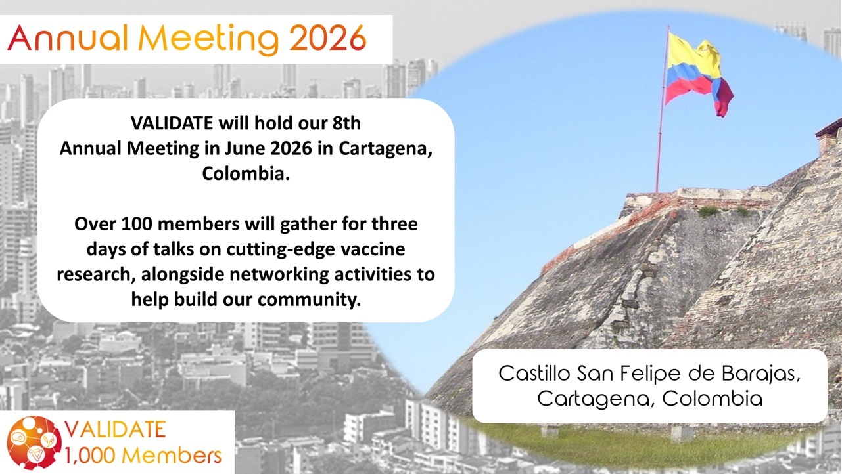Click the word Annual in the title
pyautogui.click(x=68, y=38)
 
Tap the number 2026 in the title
pyautogui.click(x=328, y=38)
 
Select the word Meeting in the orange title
pyautogui.click(x=208, y=40)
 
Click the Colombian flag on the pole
pyautogui.click(x=699, y=74)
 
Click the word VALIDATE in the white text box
pyautogui.click(x=172, y=123)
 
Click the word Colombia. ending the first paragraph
pyautogui.click(x=246, y=173)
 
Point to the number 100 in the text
pyautogui.click(x=137, y=224)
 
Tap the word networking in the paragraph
pyautogui.click(x=279, y=275)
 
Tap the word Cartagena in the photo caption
pyautogui.click(x=594, y=399)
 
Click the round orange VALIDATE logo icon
pyautogui.click(x=34, y=443)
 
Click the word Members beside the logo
pyautogui.click(x=172, y=456)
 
